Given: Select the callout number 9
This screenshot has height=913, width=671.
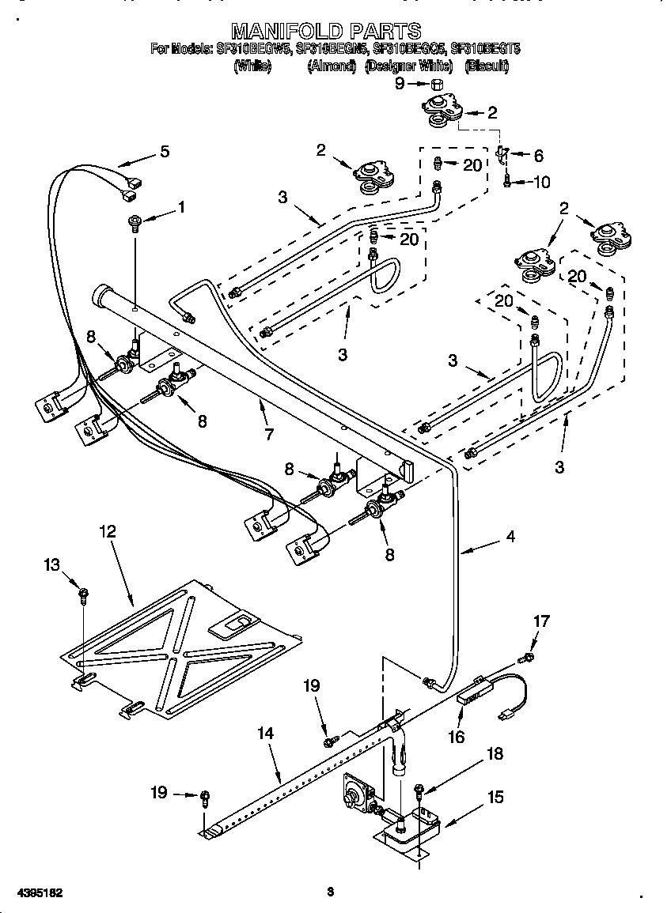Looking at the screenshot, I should click(400, 83).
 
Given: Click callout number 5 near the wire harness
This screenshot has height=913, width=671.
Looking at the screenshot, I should click(164, 151).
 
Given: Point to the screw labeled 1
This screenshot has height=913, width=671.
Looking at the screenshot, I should click(134, 224).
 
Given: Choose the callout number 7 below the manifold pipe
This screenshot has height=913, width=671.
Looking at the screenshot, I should click(268, 434).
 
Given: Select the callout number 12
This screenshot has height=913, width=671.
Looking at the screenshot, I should click(107, 530).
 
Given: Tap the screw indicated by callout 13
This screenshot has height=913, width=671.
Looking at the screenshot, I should click(82, 594).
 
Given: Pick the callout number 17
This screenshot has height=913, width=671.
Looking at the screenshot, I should click(540, 621).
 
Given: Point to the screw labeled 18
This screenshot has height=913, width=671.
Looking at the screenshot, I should click(419, 788).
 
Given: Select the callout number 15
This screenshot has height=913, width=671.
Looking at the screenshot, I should click(495, 798).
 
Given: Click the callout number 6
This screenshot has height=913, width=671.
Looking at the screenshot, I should click(538, 156).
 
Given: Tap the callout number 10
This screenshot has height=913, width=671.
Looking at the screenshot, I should click(541, 183).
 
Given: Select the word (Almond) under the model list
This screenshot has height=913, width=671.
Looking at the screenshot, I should click(332, 67).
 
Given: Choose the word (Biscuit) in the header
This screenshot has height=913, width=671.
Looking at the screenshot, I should click(487, 67).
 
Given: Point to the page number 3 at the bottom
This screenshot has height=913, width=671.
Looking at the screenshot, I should click(330, 892).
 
